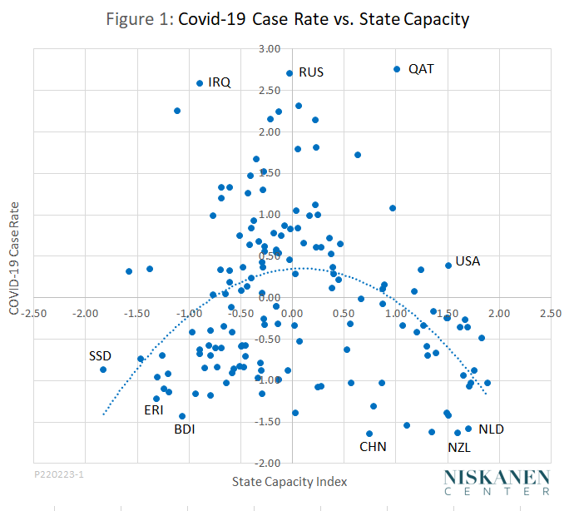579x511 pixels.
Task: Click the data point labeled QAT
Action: [x=397, y=69]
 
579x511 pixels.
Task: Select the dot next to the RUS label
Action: [x=289, y=73]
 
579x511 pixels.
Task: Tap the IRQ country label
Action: [x=220, y=82]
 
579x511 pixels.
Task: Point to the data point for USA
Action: [x=448, y=265]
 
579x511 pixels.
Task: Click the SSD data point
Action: [x=103, y=370]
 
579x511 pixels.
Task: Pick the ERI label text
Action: [x=154, y=409]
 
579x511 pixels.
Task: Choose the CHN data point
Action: [x=369, y=434]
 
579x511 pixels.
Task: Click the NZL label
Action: [x=459, y=447]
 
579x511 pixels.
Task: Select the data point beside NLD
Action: [x=468, y=429]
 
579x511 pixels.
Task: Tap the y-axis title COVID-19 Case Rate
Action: [x=13, y=255]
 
